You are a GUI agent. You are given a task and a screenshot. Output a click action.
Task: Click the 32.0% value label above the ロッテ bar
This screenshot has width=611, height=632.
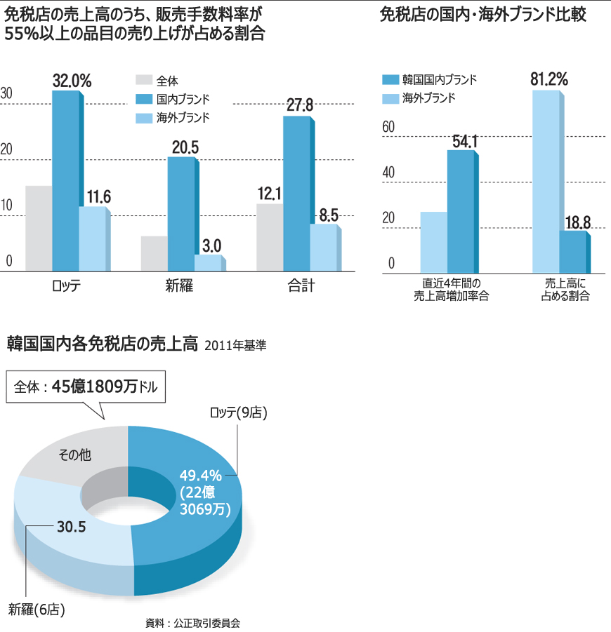click(x=72, y=81)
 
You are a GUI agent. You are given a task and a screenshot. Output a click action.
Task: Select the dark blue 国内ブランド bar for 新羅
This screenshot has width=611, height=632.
click(x=181, y=213)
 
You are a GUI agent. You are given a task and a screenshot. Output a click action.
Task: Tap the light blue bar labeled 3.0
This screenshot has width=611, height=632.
click(x=208, y=262)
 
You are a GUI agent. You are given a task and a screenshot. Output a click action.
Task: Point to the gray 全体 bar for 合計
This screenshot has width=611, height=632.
click(x=270, y=237)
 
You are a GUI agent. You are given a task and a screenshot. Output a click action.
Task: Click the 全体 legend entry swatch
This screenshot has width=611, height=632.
click(x=143, y=80)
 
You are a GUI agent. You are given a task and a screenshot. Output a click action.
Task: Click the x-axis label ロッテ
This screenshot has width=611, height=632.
click(x=67, y=285)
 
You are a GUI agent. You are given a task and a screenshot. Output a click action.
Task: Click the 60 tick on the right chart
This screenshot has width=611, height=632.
click(x=388, y=127)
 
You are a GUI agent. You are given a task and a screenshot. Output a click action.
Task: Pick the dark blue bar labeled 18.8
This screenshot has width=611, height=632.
click(x=572, y=251)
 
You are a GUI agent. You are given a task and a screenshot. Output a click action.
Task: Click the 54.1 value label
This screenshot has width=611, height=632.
click(x=465, y=141)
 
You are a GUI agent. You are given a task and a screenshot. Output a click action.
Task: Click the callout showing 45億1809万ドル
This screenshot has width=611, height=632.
click(x=86, y=386)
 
